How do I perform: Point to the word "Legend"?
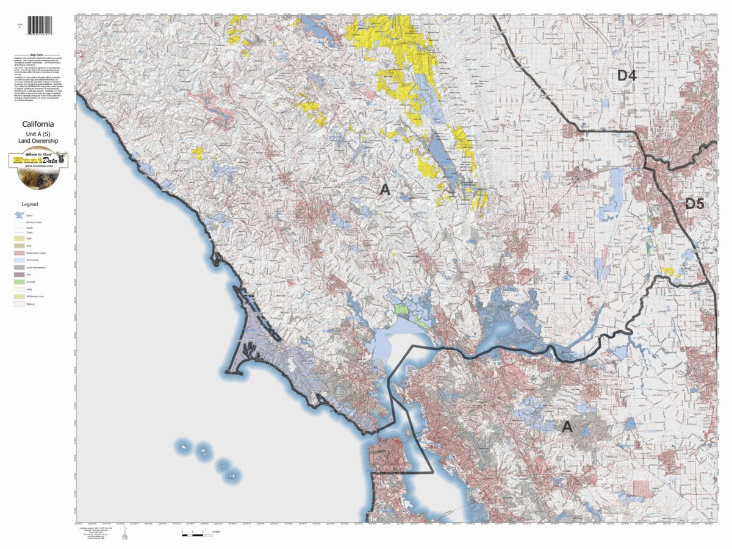tap(30, 204)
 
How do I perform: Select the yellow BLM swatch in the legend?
tap(19, 238)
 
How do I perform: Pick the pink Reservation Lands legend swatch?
tap(19, 253)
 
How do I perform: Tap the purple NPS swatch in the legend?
tap(19, 274)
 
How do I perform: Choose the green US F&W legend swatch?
tap(19, 282)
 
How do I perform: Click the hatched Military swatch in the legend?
tap(19, 303)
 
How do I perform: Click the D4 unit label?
tap(626, 76)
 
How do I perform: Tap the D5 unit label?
tap(694, 204)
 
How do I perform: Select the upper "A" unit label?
tap(385, 190)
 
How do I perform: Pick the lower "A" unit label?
tap(567, 428)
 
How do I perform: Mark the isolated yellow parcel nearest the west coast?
tap(198, 152)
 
